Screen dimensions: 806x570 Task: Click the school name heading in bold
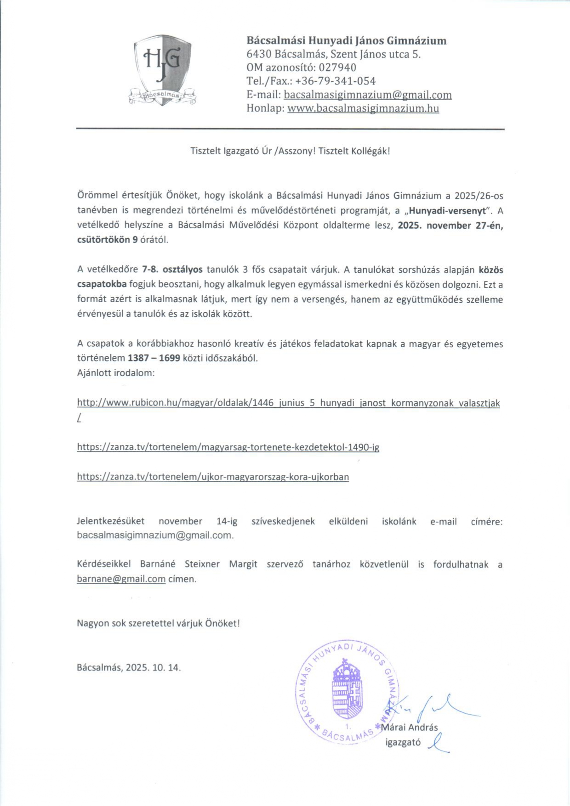pyautogui.click(x=346, y=41)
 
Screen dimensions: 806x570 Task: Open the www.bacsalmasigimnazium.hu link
pyautogui.click(x=363, y=109)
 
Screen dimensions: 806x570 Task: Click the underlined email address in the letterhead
pyautogui.click(x=368, y=95)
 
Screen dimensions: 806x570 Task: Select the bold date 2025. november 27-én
pyautogui.click(x=450, y=225)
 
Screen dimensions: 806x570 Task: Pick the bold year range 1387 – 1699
pyautogui.click(x=154, y=358)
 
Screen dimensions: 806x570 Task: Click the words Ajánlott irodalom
pyautogui.click(x=116, y=372)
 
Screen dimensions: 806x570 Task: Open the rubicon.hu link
pyautogui.click(x=288, y=403)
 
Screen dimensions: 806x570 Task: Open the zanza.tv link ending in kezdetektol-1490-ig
pyautogui.click(x=228, y=447)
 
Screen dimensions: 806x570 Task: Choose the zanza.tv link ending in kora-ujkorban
pyautogui.click(x=213, y=477)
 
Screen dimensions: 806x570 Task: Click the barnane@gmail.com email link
pyautogui.click(x=121, y=579)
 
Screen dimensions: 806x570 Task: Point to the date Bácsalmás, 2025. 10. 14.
pyautogui.click(x=129, y=667)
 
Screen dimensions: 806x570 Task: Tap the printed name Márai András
pyautogui.click(x=410, y=727)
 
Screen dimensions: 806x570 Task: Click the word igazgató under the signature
pyautogui.click(x=403, y=742)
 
